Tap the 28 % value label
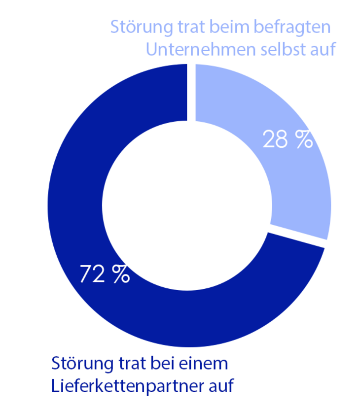click(x=288, y=140)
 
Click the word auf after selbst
click(x=322, y=49)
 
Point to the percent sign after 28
click(x=304, y=140)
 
